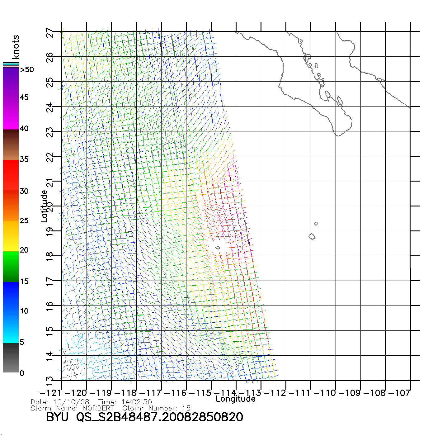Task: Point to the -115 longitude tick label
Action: [x=200, y=393]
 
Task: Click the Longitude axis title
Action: [x=236, y=399]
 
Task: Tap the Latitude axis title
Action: [x=44, y=206]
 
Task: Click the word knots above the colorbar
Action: [x=16, y=47]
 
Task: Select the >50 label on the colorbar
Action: [x=27, y=70]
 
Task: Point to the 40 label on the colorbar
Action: [x=24, y=128]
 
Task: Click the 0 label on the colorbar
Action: [x=22, y=373]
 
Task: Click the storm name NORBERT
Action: [x=98, y=408]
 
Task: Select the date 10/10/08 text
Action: [x=71, y=402]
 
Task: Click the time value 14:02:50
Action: [x=137, y=402]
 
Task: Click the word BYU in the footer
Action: [x=57, y=417]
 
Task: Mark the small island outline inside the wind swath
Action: [x=218, y=248]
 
